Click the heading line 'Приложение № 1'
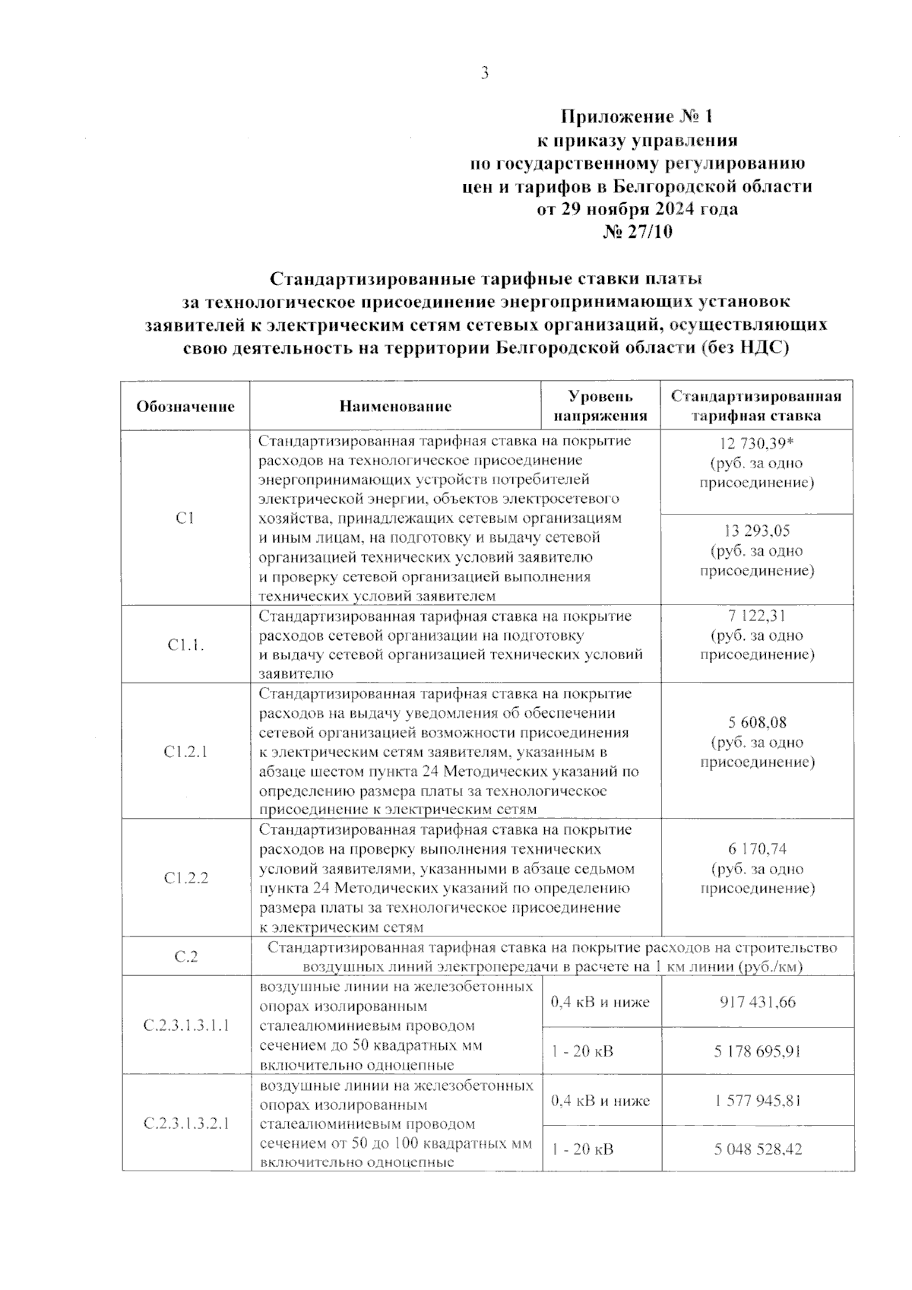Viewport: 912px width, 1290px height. click(x=637, y=117)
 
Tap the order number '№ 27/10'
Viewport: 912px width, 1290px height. click(x=637, y=232)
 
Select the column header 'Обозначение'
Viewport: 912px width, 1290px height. click(x=185, y=406)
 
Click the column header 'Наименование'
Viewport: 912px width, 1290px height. click(x=395, y=406)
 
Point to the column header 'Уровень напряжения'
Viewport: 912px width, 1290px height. click(x=600, y=406)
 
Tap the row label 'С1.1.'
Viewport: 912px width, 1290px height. click(x=185, y=645)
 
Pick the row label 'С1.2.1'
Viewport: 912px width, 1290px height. click(x=185, y=752)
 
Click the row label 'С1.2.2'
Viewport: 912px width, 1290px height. click(x=185, y=878)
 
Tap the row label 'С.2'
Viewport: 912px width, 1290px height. click(x=185, y=957)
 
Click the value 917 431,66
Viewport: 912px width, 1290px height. click(x=757, y=1002)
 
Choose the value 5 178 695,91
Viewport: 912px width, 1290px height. click(x=757, y=1052)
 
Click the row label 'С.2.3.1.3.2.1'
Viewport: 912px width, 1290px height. click(x=185, y=1123)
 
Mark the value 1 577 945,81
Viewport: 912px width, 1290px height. click(x=757, y=1101)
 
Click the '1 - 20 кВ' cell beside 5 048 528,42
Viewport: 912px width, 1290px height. click(x=583, y=1150)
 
